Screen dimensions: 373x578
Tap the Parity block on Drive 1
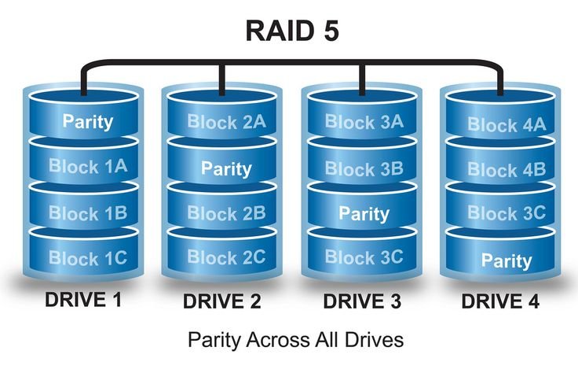pyautogui.click(x=88, y=123)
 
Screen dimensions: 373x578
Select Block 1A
pyautogui.click(x=88, y=166)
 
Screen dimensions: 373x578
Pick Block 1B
pyautogui.click(x=88, y=212)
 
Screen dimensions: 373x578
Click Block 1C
pyautogui.click(x=88, y=257)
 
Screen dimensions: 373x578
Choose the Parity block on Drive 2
pyautogui.click(x=226, y=168)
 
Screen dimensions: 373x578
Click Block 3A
pyautogui.click(x=364, y=122)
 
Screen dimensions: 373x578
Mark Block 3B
pyautogui.click(x=364, y=168)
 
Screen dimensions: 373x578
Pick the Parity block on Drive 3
pyautogui.click(x=364, y=213)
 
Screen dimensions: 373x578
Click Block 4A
pyautogui.click(x=503, y=124)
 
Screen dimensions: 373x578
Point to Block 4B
pyautogui.click(x=503, y=169)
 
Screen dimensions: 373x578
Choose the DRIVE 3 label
pyautogui.click(x=363, y=301)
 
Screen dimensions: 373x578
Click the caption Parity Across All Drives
pyautogui.click(x=295, y=340)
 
